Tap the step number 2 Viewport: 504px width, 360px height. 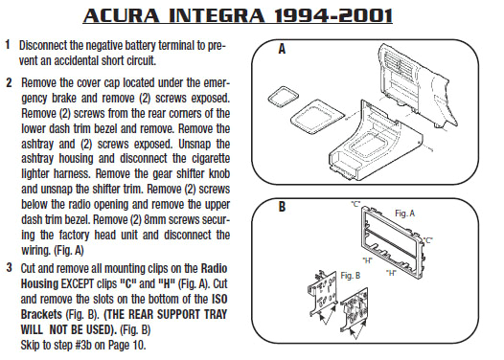click(8, 83)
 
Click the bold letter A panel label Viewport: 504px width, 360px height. click(282, 49)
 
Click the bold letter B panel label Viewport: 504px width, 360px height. click(282, 205)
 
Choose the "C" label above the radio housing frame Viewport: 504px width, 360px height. click(355, 205)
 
